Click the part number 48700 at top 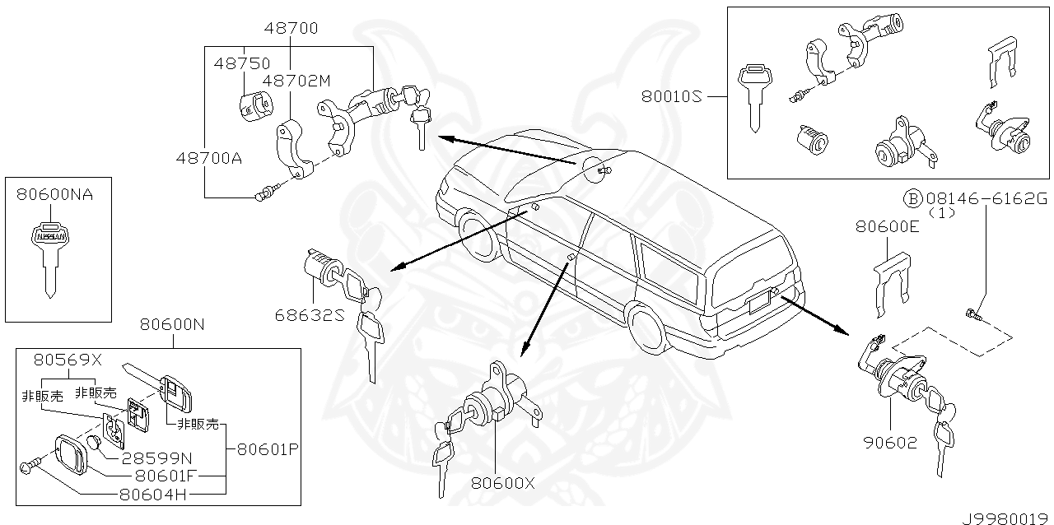[291, 29]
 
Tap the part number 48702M [296, 81]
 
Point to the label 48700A [208, 156]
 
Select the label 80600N [171, 324]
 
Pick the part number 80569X [67, 360]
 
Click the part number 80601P [268, 449]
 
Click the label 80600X [503, 483]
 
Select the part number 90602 [889, 443]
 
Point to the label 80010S [672, 96]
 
